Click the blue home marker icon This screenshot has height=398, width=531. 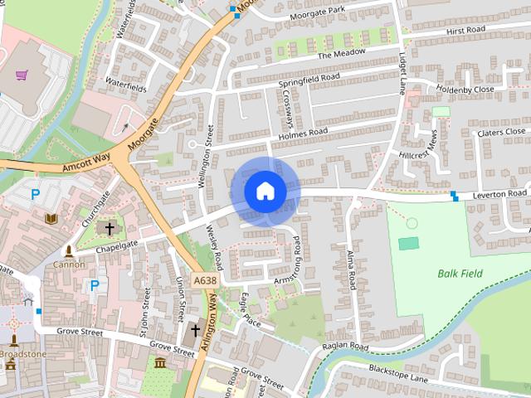[265, 191]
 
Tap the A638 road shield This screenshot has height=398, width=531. [206, 282]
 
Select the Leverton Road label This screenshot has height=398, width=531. [499, 193]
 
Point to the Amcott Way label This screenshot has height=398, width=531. [87, 166]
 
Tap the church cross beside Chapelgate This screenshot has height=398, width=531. [108, 227]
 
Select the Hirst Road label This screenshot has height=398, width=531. [465, 30]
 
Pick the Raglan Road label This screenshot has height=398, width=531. [347, 346]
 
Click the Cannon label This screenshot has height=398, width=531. [70, 265]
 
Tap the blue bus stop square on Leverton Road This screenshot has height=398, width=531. [455, 196]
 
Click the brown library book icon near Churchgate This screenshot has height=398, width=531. [51, 218]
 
